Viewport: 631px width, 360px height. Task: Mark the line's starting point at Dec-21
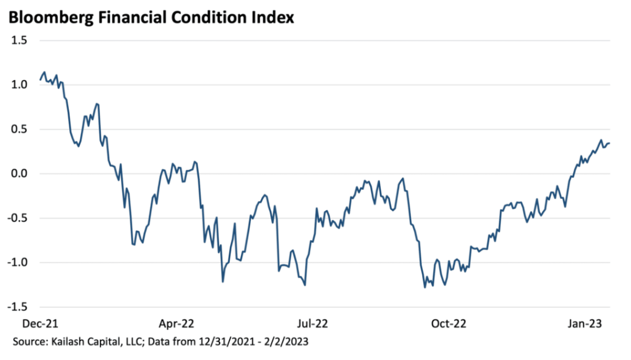[x=40, y=80]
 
